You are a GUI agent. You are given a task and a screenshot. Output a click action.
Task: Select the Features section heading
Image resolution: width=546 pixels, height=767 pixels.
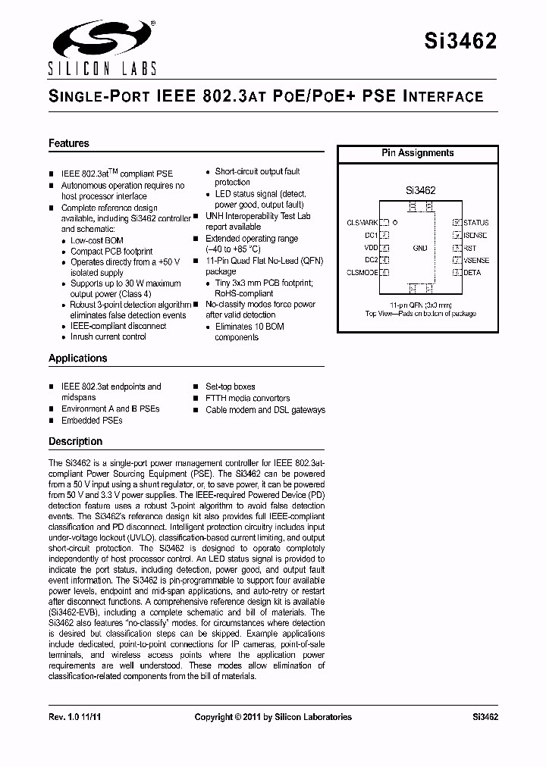tap(68, 143)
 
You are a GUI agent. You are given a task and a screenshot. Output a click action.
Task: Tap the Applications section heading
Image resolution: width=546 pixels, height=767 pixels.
tap(77, 358)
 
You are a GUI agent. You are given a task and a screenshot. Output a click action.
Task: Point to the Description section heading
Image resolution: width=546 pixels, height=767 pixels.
tap(75, 441)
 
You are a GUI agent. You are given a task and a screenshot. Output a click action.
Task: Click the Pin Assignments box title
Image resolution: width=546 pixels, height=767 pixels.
tap(417, 153)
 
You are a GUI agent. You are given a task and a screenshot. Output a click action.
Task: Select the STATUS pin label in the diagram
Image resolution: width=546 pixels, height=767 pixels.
tap(476, 223)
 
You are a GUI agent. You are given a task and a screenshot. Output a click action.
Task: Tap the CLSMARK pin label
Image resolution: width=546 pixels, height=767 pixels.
tap(362, 223)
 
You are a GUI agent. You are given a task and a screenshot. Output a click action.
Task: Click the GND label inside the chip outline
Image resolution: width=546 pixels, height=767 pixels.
tap(419, 248)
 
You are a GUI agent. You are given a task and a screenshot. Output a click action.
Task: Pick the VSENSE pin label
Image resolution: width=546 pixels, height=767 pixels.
tap(476, 260)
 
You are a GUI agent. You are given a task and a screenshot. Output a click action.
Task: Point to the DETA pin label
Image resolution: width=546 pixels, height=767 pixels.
tap(472, 272)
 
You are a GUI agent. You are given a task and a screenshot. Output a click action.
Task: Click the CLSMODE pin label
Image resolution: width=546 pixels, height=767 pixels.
tap(362, 272)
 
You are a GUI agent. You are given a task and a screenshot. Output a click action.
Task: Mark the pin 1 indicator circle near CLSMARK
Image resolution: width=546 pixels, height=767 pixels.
tap(394, 223)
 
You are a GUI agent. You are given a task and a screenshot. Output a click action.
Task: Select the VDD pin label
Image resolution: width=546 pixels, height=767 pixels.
tap(370, 248)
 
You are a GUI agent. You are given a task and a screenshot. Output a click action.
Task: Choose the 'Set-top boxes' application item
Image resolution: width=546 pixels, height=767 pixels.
tap(230, 387)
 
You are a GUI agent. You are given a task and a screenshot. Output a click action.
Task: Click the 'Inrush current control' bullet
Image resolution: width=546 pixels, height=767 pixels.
tap(108, 337)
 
